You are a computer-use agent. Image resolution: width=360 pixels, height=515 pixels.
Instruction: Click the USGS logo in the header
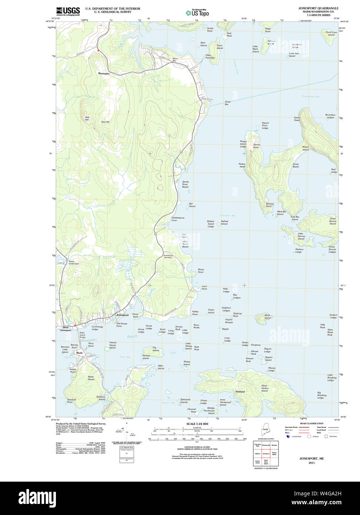[x=68, y=11]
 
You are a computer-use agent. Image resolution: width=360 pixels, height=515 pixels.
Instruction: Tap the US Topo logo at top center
[x=197, y=13]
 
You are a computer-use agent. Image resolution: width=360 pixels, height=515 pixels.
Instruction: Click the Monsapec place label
[x=104, y=73]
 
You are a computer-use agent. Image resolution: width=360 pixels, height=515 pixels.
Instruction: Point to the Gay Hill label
[x=105, y=122]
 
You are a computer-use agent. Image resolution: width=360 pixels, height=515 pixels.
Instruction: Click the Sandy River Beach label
[x=185, y=184]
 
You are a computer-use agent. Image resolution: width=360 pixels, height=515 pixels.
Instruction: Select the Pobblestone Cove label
[x=178, y=219]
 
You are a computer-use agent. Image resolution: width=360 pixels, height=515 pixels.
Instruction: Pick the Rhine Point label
[x=201, y=271]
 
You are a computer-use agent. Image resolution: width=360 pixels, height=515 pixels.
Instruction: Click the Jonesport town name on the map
[x=122, y=315]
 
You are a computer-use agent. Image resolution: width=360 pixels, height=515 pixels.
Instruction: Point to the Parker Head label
[x=242, y=165]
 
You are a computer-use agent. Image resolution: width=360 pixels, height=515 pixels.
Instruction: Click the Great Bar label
[x=228, y=103]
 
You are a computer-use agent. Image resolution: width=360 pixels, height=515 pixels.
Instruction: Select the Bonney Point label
[x=270, y=205]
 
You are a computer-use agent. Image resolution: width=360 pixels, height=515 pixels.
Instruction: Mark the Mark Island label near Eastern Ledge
[x=268, y=316]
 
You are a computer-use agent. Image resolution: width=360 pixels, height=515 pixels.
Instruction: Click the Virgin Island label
[x=211, y=311]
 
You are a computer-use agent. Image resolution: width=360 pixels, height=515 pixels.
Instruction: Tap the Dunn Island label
[x=220, y=47]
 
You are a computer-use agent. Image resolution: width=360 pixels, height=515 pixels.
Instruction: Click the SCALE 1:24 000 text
[x=197, y=423]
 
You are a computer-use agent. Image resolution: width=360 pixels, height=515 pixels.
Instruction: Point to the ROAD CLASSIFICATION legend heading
[x=301, y=423]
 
